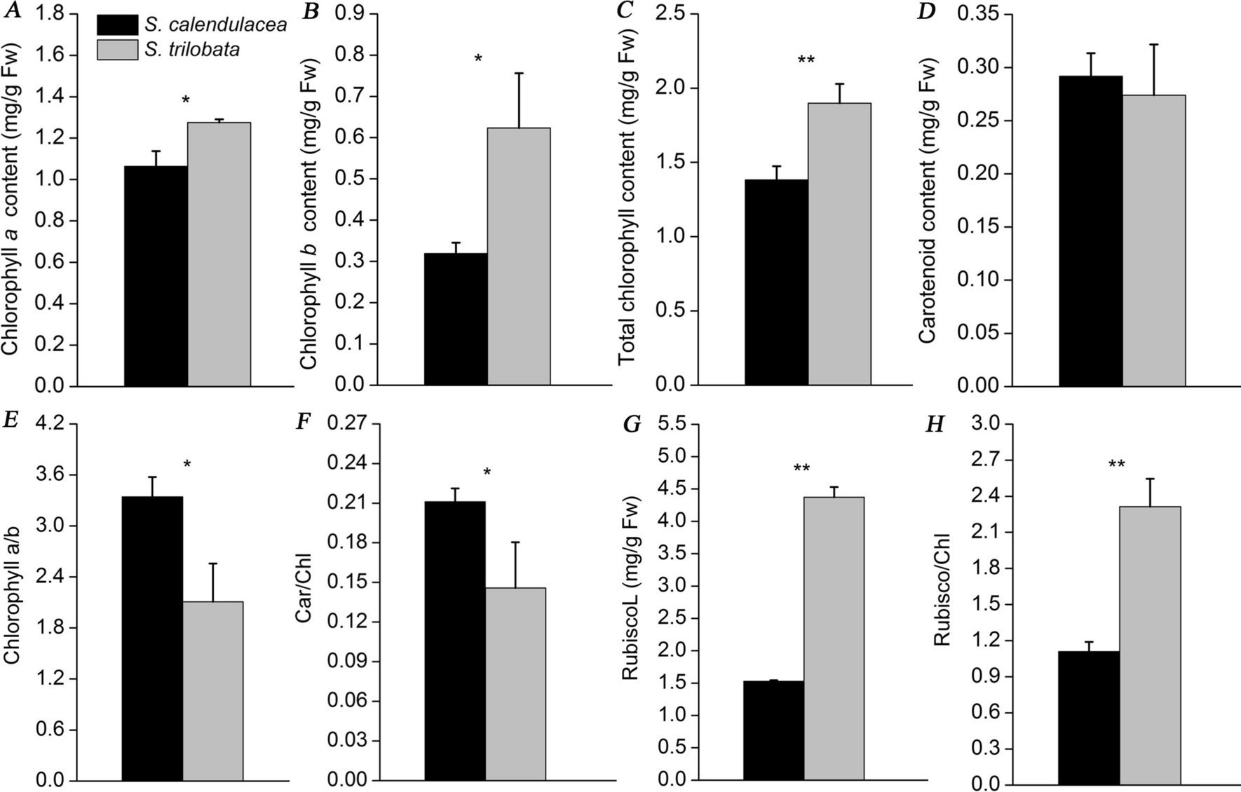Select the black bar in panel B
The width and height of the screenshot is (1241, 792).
pyautogui.click(x=456, y=319)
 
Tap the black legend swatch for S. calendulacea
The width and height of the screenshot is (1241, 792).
pyautogui.click(x=117, y=25)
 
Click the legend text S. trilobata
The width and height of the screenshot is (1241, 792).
pyautogui.click(x=192, y=50)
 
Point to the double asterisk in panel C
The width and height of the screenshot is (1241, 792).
pyautogui.click(x=806, y=60)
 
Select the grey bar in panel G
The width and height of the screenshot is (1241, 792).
pyautogui.click(x=834, y=638)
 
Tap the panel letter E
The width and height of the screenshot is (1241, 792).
pyautogui.click(x=11, y=420)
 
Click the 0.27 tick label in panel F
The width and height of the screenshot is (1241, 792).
pyautogui.click(x=348, y=424)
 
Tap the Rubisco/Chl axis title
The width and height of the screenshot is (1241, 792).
pyautogui.click(x=942, y=599)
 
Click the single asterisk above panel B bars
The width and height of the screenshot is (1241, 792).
pyautogui.click(x=478, y=59)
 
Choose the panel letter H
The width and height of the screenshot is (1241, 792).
pyautogui.click(x=935, y=425)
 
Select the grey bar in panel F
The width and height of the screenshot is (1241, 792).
pyautogui.click(x=515, y=683)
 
